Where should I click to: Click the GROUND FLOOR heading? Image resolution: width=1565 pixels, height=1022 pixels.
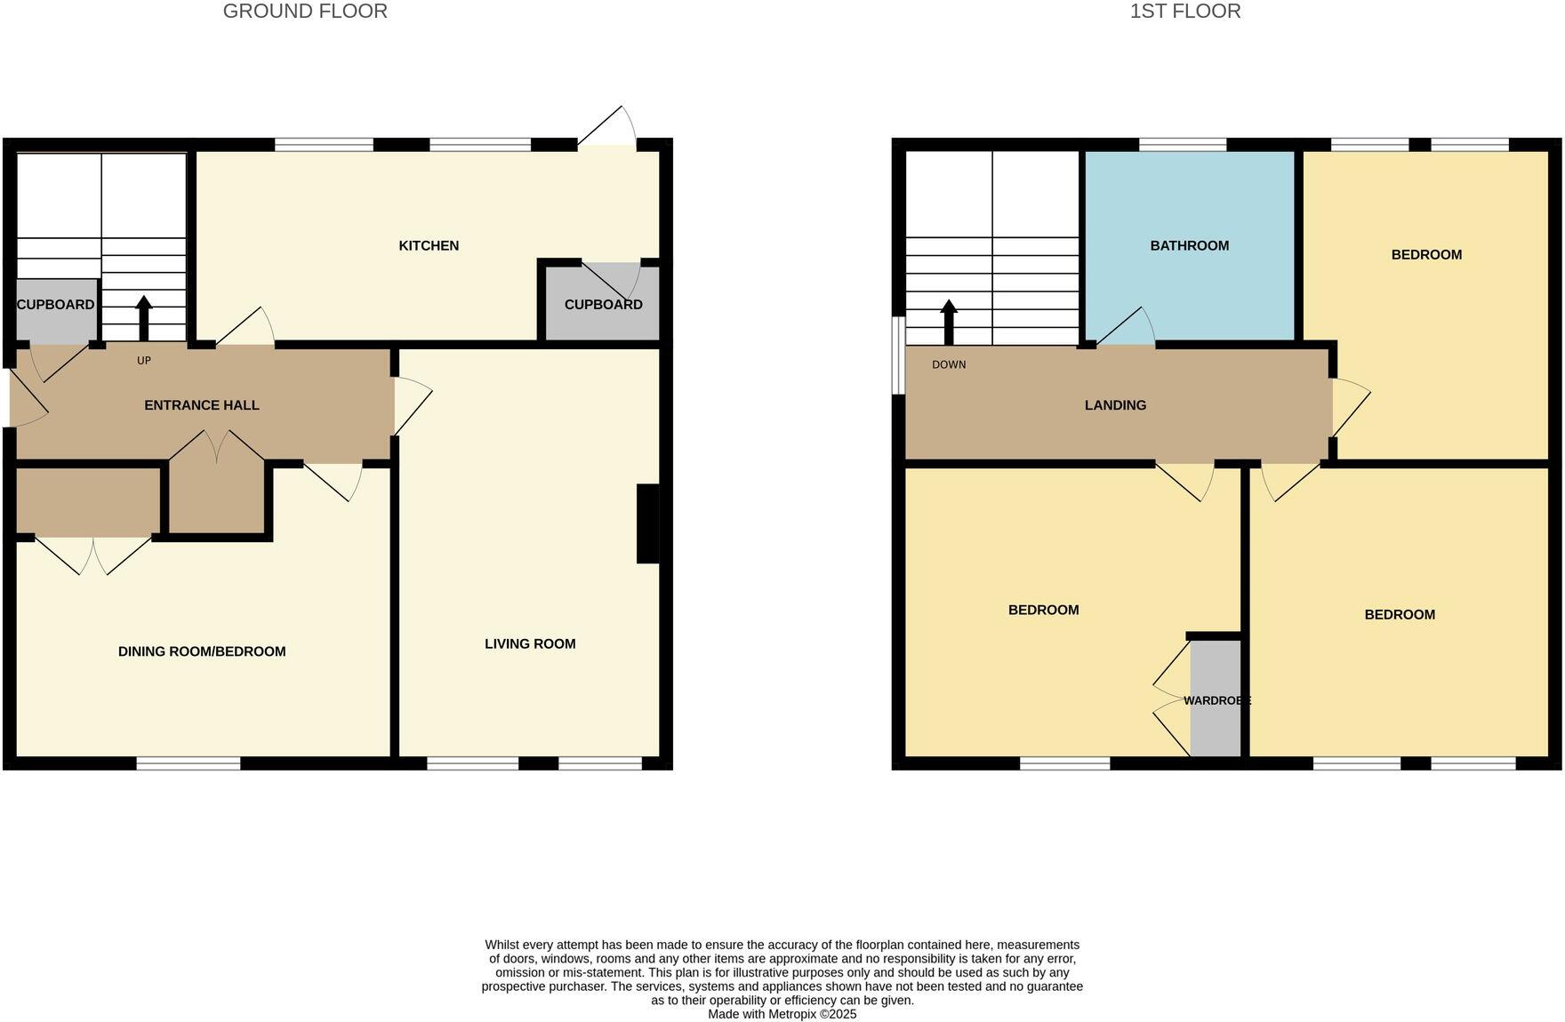pyautogui.click(x=305, y=12)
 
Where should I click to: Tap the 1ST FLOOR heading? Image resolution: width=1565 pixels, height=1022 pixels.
pyautogui.click(x=1184, y=12)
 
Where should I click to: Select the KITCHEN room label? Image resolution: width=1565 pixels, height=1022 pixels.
pyautogui.click(x=429, y=246)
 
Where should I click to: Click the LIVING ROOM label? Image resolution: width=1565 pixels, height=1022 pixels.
pyautogui.click(x=530, y=644)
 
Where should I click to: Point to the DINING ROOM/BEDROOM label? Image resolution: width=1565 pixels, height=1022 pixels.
pyautogui.click(x=202, y=651)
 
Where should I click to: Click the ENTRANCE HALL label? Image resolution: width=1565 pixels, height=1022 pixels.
pyautogui.click(x=202, y=405)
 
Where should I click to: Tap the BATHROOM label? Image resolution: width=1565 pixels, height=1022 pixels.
pyautogui.click(x=1189, y=246)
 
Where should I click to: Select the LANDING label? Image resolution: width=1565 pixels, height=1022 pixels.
pyautogui.click(x=1115, y=405)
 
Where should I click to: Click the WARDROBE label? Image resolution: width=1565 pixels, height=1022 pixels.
pyautogui.click(x=1216, y=701)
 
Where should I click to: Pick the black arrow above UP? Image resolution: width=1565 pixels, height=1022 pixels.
pyautogui.click(x=144, y=318)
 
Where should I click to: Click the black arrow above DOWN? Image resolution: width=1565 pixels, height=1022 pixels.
pyautogui.click(x=949, y=322)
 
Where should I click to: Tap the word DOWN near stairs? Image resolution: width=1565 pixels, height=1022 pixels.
pyautogui.click(x=949, y=365)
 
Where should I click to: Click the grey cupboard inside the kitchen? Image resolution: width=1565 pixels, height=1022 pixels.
pyautogui.click(x=603, y=305)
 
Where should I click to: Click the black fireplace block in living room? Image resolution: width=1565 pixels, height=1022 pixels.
pyautogui.click(x=648, y=523)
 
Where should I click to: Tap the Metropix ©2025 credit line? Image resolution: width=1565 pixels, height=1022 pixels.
pyautogui.click(x=782, y=1014)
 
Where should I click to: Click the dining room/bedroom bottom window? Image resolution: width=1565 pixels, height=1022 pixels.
pyautogui.click(x=189, y=763)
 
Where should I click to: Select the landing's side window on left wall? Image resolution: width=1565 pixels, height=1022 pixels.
pyautogui.click(x=899, y=355)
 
